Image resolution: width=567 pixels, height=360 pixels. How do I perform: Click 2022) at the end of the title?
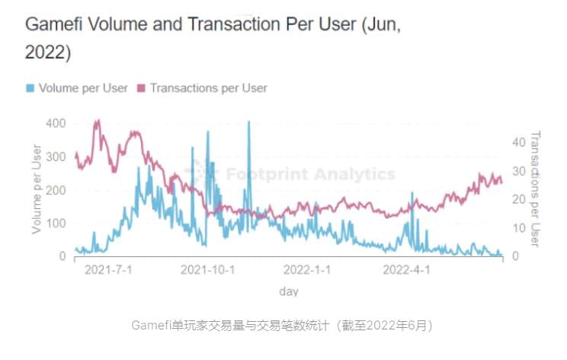click(48, 53)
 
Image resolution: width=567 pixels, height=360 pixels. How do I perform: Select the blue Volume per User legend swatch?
click(30, 88)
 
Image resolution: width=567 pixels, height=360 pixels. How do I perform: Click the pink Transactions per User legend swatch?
click(141, 88)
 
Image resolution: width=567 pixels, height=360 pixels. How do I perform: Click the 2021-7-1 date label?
click(107, 270)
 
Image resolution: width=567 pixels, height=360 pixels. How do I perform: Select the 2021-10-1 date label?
click(207, 270)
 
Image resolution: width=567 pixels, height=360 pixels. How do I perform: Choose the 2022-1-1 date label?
click(307, 270)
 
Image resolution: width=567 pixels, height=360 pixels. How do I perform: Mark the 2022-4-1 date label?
click(406, 270)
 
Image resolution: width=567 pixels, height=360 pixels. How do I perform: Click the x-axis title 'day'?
click(288, 291)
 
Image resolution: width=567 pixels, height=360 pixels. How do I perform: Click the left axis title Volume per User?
click(36, 188)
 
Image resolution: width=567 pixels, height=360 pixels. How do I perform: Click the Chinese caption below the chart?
click(283, 326)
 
